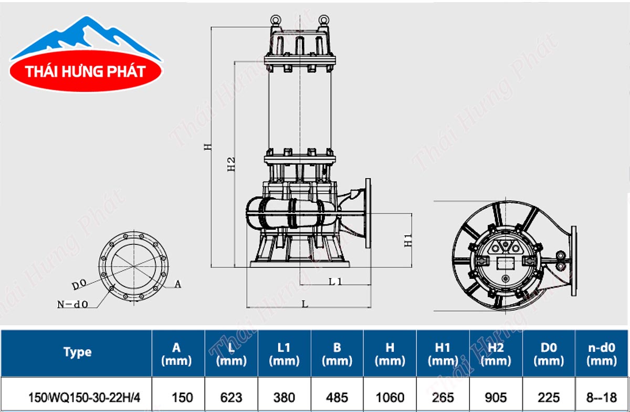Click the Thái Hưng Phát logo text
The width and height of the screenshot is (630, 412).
pyautogui.click(x=86, y=71)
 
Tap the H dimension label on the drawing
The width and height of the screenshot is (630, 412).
pyautogui.click(x=207, y=147)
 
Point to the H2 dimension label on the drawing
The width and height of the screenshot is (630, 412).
pyautogui.click(x=231, y=164)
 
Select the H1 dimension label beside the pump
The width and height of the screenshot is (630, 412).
pyautogui.click(x=408, y=241)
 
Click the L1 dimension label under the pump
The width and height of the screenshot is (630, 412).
pyautogui.click(x=335, y=281)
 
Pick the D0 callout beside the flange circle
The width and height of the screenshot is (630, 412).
pyautogui.click(x=79, y=285)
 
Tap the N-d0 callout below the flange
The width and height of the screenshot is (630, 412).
pyautogui.click(x=72, y=304)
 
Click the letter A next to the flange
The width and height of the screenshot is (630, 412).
pyautogui.click(x=178, y=284)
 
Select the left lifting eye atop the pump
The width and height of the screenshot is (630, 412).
pyautogui.click(x=275, y=19)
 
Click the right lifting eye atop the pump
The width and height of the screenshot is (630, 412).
pyautogui.click(x=324, y=19)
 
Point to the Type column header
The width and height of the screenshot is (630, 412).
pyautogui.click(x=77, y=352)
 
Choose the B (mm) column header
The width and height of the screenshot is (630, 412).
pyautogui.click(x=337, y=354)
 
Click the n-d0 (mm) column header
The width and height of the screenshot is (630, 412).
pyautogui.click(x=602, y=354)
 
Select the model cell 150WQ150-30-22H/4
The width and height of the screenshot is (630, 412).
pyautogui.click(x=84, y=398)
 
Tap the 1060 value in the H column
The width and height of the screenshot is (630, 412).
pyautogui.click(x=390, y=398)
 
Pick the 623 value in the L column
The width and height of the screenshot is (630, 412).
pyautogui.click(x=231, y=398)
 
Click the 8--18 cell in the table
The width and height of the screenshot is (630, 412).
pyautogui.click(x=601, y=398)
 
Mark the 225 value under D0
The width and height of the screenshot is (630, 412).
pyautogui.click(x=549, y=398)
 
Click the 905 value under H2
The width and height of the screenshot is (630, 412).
pyautogui.click(x=496, y=398)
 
